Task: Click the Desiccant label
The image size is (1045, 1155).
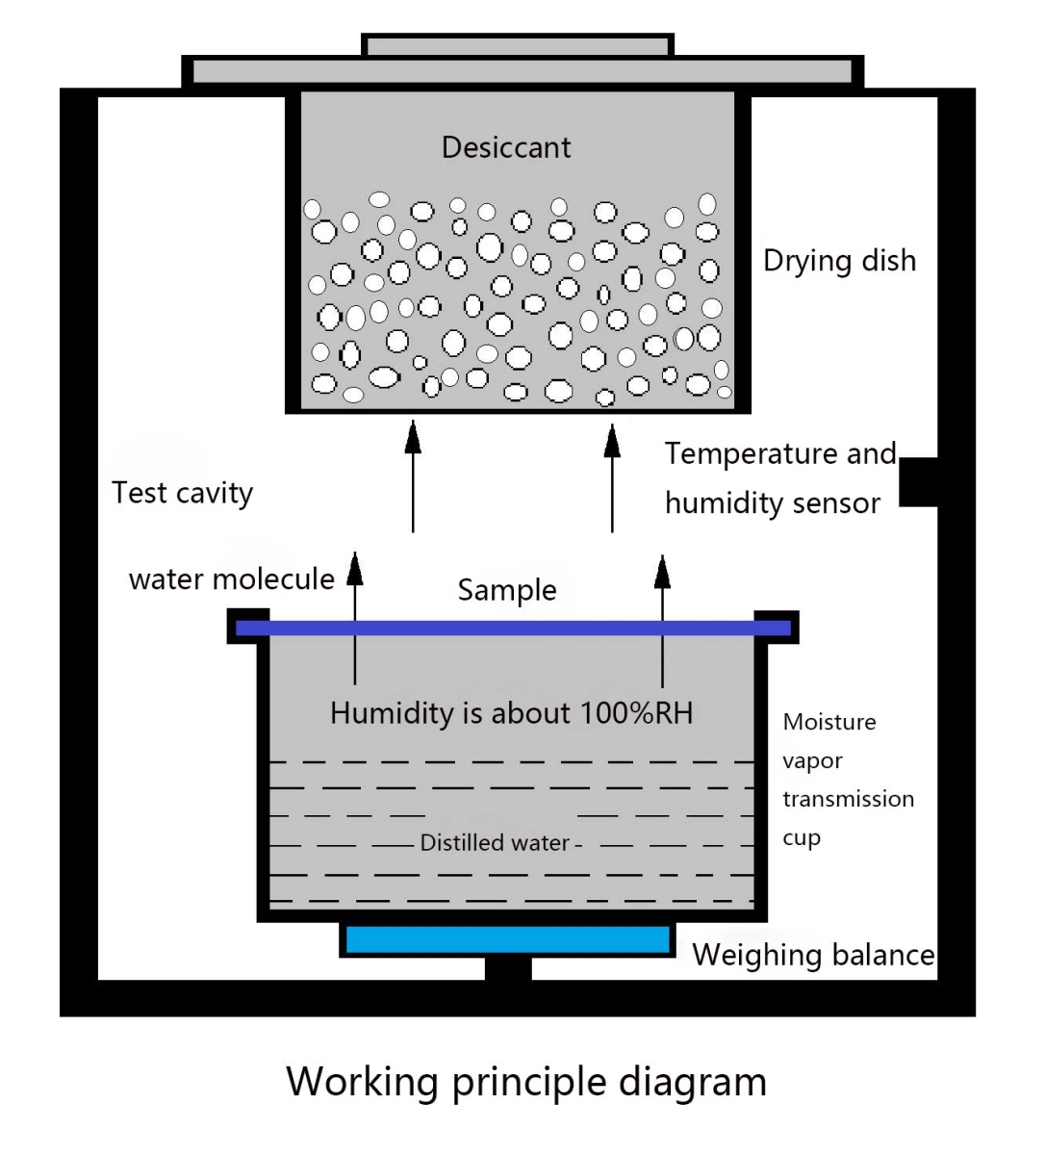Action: point(506,147)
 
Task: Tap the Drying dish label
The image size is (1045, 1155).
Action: point(839,261)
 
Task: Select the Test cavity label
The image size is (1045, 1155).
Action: point(182,493)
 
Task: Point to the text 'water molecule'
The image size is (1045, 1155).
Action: point(231,579)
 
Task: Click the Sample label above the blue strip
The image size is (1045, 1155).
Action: point(507,590)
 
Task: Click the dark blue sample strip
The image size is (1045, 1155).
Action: point(513,629)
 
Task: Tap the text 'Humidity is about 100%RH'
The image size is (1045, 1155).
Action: point(511,713)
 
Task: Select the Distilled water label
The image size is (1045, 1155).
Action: point(495,843)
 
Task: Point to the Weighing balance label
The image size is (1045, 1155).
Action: point(813,955)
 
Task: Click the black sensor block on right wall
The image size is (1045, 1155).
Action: point(918,481)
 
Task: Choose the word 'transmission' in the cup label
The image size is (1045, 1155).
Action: point(848,799)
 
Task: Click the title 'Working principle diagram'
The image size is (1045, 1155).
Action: point(526,1082)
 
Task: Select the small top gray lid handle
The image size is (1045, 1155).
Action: point(518,45)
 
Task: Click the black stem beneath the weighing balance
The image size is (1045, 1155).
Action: point(508,969)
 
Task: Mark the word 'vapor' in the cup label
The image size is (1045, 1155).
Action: point(812,761)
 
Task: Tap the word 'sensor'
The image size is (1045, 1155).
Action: point(835,503)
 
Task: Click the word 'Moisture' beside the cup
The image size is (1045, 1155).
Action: point(829,722)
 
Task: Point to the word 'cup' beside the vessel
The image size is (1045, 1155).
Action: point(801,837)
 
